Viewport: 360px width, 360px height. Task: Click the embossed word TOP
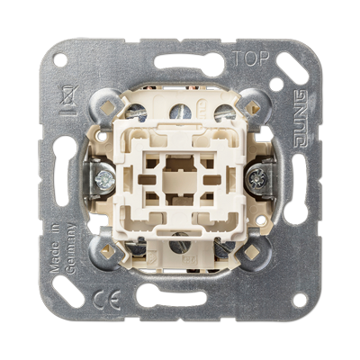tap(251, 58)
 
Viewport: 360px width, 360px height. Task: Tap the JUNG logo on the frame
tap(301, 119)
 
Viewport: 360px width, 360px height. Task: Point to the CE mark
tap(106, 301)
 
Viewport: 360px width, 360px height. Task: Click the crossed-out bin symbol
tap(69, 101)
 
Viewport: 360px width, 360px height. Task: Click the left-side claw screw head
tap(104, 180)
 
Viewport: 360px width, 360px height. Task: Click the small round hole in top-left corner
tap(60, 59)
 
